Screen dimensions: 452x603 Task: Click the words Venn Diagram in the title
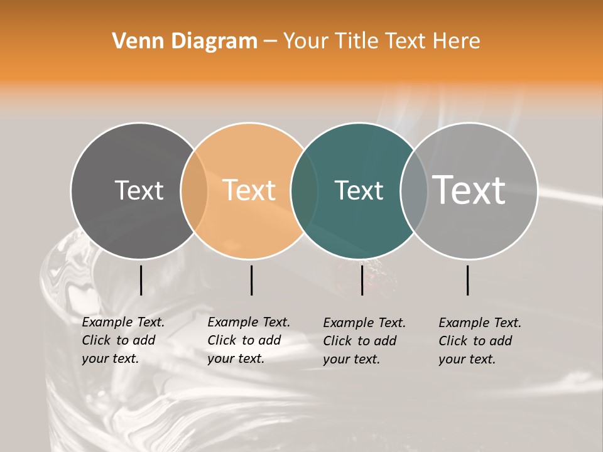point(185,41)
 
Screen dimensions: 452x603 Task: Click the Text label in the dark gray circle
point(139,190)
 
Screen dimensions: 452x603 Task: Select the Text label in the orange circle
point(249,190)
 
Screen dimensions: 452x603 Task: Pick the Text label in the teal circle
point(359,190)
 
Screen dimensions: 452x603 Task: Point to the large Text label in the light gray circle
point(469,190)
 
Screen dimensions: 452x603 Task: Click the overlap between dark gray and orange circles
point(194,191)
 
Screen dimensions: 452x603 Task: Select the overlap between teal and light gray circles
point(414,191)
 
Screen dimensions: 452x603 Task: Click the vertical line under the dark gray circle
point(141,280)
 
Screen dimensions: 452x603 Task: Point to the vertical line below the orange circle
point(251,280)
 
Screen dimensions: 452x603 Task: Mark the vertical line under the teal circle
point(362,280)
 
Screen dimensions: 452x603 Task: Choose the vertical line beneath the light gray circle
point(468,280)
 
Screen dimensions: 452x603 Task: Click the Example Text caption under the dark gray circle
point(123,340)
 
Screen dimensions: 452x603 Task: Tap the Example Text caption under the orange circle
point(249,340)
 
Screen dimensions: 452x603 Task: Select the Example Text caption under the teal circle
point(364,341)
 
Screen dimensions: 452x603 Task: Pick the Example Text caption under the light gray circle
point(480,341)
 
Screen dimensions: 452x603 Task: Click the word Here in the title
point(457,41)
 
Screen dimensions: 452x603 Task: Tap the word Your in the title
point(306,41)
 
